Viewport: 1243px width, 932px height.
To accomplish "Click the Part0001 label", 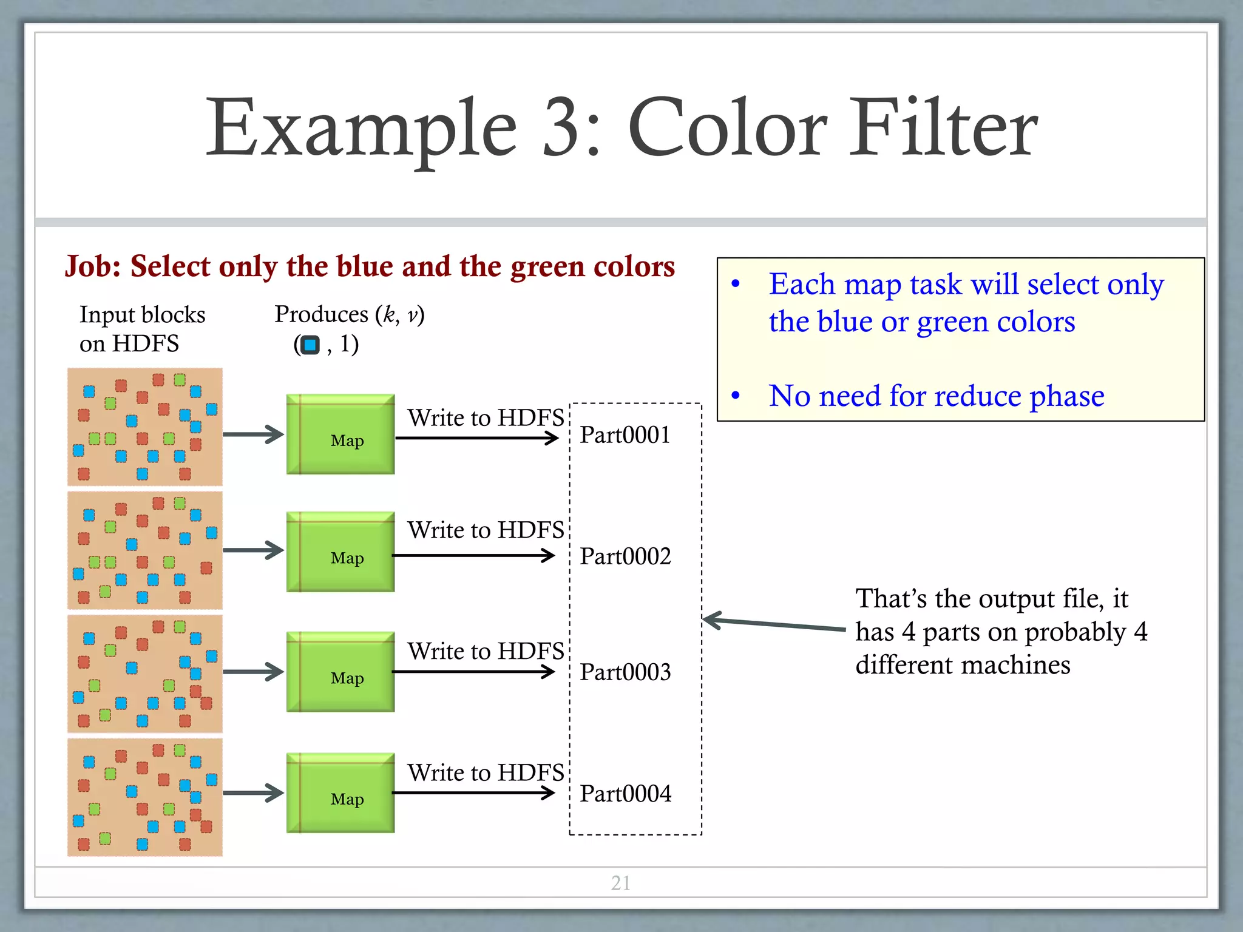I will tap(625, 435).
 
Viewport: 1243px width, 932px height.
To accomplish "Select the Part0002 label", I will tap(625, 556).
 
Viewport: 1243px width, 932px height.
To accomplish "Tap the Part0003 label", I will tap(625, 672).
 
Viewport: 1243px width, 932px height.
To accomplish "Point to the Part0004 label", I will tap(625, 794).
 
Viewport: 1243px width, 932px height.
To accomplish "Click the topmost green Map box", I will tap(340, 434).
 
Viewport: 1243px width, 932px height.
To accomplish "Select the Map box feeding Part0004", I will tap(340, 793).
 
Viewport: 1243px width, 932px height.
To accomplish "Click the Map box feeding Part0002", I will tap(340, 552).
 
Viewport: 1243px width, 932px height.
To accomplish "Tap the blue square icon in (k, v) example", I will tap(310, 345).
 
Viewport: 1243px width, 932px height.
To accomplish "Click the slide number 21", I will tap(620, 883).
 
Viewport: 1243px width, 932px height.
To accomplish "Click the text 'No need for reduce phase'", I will tap(936, 396).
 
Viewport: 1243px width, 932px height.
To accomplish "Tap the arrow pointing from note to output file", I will tap(773, 624).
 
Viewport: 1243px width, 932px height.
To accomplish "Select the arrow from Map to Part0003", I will tap(473, 672).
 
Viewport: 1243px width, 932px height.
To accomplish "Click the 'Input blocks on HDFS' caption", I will tap(142, 329).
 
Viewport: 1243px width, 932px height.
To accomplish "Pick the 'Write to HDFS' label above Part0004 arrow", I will tap(486, 772).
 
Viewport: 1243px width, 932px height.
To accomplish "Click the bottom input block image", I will tap(145, 797).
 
